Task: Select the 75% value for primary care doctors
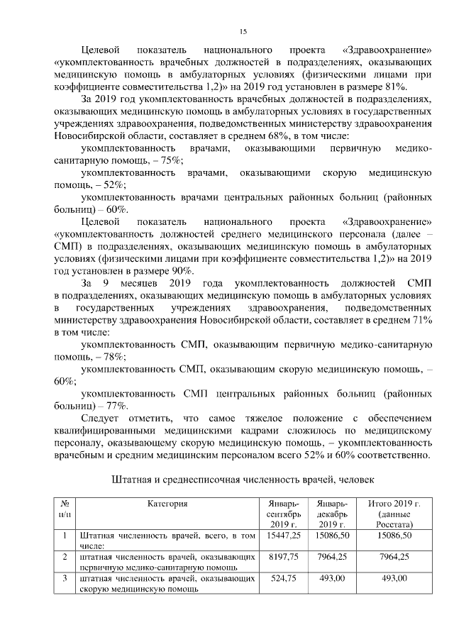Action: coord(148,160)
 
